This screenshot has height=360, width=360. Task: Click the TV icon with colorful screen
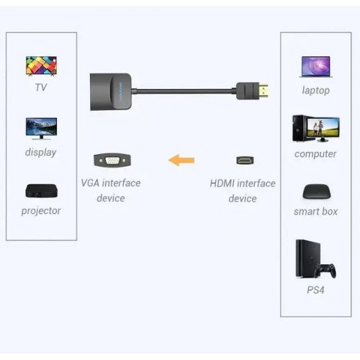click(x=40, y=66)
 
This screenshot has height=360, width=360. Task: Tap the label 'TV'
click(x=40, y=88)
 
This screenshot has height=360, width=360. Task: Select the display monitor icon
click(x=40, y=129)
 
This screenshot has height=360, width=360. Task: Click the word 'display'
click(x=40, y=152)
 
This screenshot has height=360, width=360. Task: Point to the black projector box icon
click(x=40, y=192)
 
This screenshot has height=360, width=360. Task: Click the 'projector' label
click(x=40, y=211)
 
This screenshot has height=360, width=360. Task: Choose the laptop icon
click(x=315, y=67)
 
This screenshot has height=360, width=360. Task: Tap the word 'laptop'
click(x=315, y=90)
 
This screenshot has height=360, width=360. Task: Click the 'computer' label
click(x=315, y=153)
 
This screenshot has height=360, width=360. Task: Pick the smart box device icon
click(x=315, y=192)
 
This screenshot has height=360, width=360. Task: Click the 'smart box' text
click(x=315, y=212)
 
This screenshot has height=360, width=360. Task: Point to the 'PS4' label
click(x=315, y=289)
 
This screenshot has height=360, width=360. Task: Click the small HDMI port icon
click(x=243, y=160)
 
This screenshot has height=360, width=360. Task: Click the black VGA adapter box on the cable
click(x=114, y=91)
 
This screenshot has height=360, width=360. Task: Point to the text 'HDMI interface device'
click(x=243, y=190)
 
